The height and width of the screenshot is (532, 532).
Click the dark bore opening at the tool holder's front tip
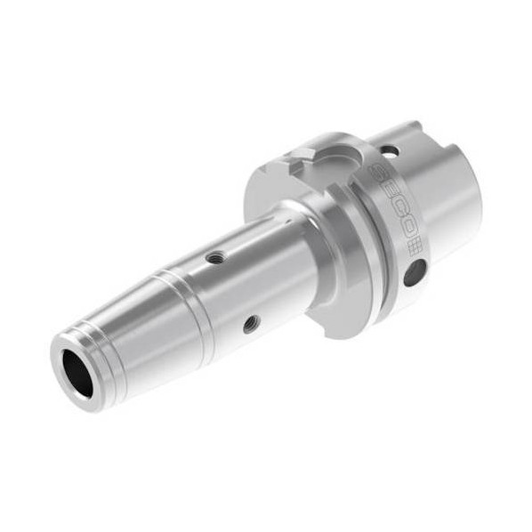pos(78,373)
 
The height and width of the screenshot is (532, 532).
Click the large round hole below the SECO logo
pos(415,272)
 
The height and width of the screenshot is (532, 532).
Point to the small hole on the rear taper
pos(390,150)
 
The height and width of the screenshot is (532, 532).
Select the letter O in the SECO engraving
pos(408,230)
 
